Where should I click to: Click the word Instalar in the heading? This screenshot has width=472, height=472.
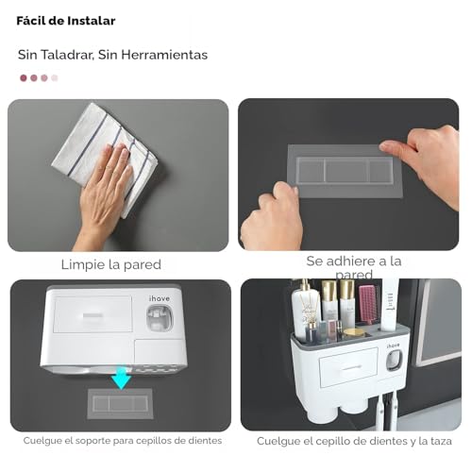pyautogui.click(x=92, y=21)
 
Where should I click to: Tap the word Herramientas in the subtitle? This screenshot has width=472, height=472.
pyautogui.click(x=164, y=55)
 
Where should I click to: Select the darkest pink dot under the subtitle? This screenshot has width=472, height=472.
pyautogui.click(x=24, y=77)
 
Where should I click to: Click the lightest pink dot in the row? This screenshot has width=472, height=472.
pyautogui.click(x=55, y=77)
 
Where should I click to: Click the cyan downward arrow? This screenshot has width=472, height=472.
pyautogui.click(x=121, y=379)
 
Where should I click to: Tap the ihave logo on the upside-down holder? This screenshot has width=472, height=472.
pyautogui.click(x=160, y=298)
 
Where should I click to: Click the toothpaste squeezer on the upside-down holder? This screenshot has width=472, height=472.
pyautogui.click(x=160, y=318)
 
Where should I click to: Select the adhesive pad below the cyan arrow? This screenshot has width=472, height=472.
pyautogui.click(x=120, y=404)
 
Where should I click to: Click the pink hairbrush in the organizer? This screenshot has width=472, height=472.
pyautogui.click(x=367, y=305)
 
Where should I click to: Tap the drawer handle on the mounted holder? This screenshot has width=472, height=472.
pyautogui.click(x=349, y=367)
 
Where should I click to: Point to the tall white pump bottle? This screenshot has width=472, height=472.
pyautogui.click(x=303, y=310)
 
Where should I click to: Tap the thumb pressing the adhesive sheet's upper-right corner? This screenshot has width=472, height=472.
pyautogui.click(x=393, y=147)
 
